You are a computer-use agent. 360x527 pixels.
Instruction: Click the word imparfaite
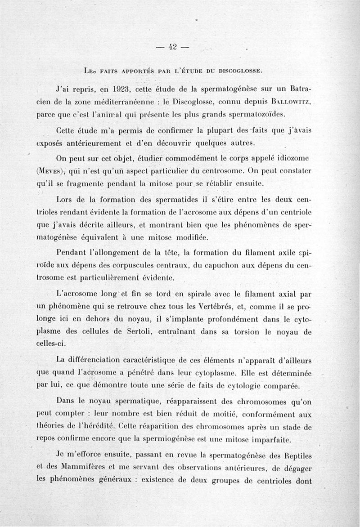click(279, 439)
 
